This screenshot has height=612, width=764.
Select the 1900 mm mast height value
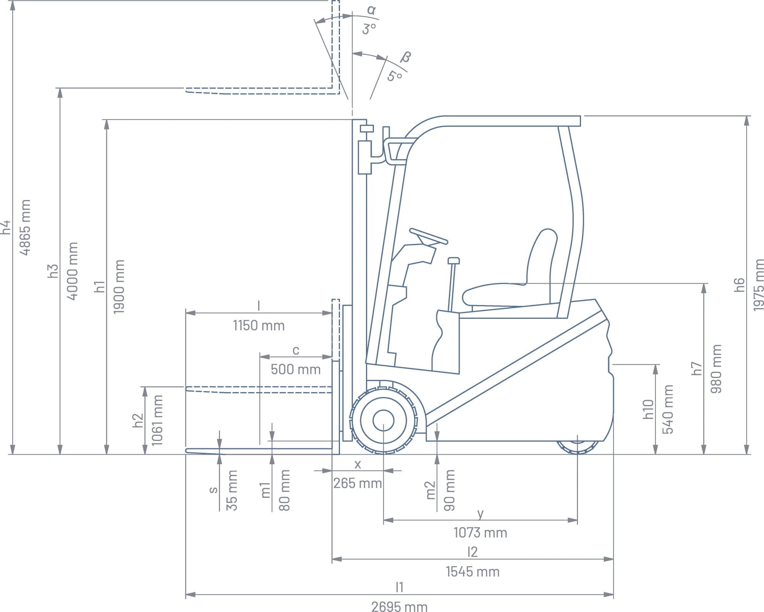click(x=119, y=286)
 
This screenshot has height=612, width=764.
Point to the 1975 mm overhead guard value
click(x=758, y=284)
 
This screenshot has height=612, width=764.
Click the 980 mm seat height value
click(x=716, y=368)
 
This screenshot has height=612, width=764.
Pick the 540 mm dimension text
click(x=667, y=409)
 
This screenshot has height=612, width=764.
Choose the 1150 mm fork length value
click(x=259, y=326)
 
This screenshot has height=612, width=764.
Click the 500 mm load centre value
click(x=295, y=369)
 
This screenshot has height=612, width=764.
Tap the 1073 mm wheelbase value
click(x=480, y=533)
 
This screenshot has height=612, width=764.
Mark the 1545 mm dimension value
click(x=473, y=572)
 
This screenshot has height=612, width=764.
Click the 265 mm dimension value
click(x=357, y=483)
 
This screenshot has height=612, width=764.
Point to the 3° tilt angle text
click(x=369, y=29)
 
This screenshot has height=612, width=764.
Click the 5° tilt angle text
click(x=395, y=76)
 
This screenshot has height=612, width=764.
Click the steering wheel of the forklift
click(x=428, y=236)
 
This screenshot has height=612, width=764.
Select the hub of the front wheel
click(x=383, y=420)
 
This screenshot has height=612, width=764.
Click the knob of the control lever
click(x=454, y=261)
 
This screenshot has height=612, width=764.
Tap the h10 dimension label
click(x=648, y=409)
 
